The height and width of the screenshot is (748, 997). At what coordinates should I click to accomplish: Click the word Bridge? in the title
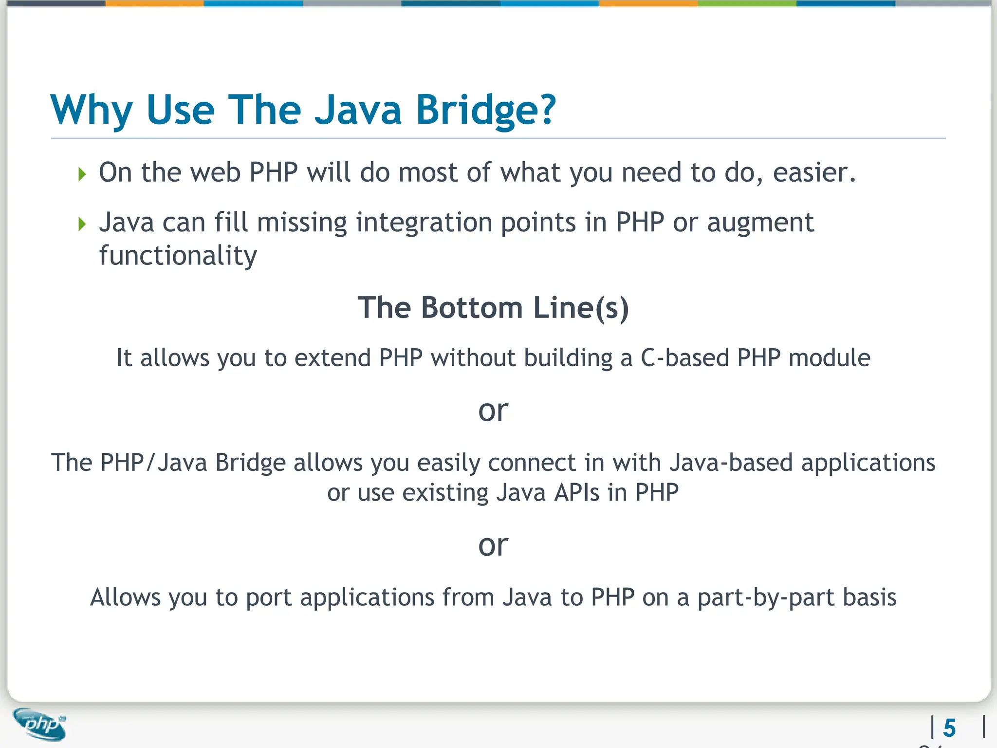pos(485,110)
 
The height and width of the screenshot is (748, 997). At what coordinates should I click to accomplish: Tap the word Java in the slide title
pos(358,110)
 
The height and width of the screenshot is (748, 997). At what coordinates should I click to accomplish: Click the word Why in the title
pos(91,110)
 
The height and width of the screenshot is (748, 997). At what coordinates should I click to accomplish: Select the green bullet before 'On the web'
pos(82,174)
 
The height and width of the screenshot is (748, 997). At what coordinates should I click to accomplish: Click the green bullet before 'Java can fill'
pos(82,224)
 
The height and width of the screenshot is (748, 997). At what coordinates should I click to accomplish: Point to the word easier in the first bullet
pos(813,172)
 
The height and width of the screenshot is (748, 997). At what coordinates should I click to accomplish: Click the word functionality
pos(178,256)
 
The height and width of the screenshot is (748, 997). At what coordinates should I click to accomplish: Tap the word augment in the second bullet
pos(760,223)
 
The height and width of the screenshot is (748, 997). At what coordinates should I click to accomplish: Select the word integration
pos(424,223)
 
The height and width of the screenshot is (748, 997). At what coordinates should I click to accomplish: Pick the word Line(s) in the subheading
pos(581,308)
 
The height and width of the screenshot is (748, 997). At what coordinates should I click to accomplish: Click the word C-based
pos(684,358)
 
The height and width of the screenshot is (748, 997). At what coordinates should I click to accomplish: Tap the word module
pos(829,358)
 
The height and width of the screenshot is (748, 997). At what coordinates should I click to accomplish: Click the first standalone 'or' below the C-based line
pos(493,411)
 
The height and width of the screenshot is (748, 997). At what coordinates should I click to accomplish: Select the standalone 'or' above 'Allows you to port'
pos(493,545)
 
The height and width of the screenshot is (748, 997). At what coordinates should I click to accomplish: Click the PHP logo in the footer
pos(40,725)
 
